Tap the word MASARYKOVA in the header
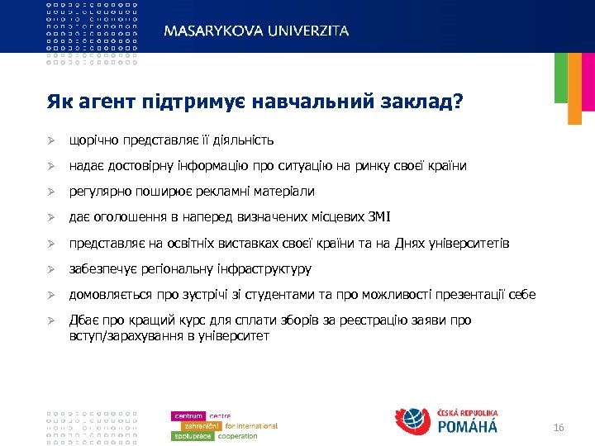click(x=210, y=31)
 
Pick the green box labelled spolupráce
click(x=193, y=435)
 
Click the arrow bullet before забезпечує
click(x=51, y=269)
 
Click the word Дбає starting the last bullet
click(x=83, y=320)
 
